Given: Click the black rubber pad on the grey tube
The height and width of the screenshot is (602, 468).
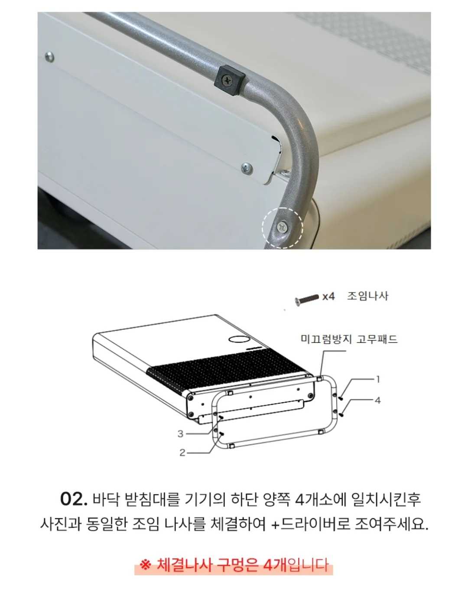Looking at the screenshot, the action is point(230,80).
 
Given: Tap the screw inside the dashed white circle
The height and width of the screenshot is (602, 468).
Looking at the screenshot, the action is point(283,227).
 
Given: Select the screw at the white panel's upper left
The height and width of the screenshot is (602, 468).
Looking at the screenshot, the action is point(49,57).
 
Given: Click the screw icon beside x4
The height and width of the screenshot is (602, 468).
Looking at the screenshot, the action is point(307,299).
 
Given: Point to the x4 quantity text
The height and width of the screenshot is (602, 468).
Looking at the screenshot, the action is point(328,297).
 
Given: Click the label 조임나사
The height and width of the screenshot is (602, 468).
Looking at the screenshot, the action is point(368,296).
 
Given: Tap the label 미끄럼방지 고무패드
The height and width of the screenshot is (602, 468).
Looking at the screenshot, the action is point(349,339).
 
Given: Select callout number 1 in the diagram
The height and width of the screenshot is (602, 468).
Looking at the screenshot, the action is point(378,379).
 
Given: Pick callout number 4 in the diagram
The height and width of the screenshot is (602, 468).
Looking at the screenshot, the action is point(378,400).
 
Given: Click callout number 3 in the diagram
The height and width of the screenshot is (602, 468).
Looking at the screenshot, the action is point(180,434).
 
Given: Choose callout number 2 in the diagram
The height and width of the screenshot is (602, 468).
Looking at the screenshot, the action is point(182,452).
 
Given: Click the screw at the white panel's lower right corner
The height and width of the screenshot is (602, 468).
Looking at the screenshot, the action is point(247,169).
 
